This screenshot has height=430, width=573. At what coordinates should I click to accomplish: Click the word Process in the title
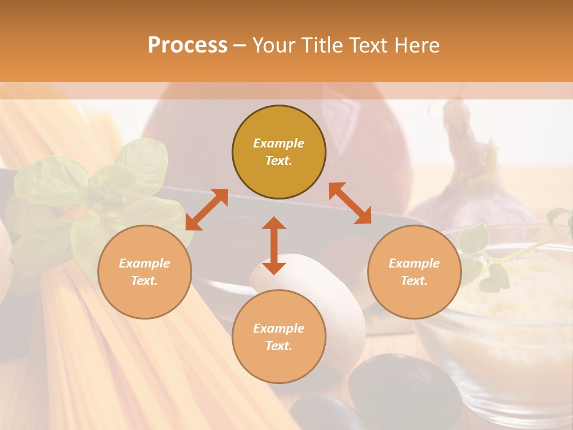tap(187, 45)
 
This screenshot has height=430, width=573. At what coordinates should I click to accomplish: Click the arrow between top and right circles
tap(350, 203)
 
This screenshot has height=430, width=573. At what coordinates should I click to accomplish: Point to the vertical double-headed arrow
tap(274, 245)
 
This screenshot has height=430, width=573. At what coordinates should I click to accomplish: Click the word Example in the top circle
tap(279, 143)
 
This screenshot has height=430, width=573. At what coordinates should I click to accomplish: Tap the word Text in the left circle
tap(144, 281)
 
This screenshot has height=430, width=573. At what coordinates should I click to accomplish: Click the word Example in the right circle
tap(414, 263)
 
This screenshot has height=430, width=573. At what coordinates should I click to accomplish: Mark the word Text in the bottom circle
tap(279, 346)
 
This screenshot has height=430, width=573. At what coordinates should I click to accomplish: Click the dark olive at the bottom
tap(400, 388)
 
